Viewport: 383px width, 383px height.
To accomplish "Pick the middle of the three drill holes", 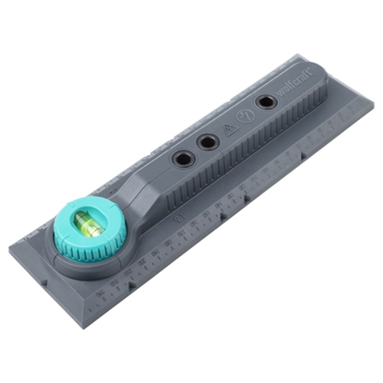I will click(209, 142).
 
